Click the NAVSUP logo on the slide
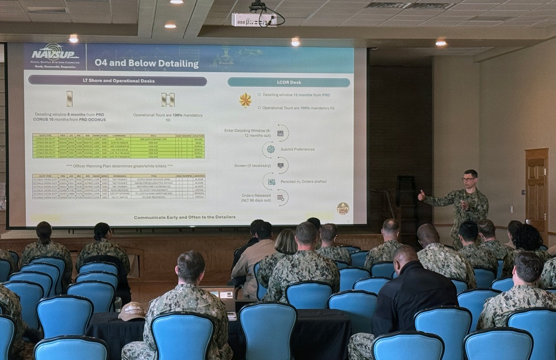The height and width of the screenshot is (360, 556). click(x=54, y=56)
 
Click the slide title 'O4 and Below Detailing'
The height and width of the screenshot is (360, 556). click(x=146, y=63)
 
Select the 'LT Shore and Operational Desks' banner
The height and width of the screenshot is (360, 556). click(x=117, y=81)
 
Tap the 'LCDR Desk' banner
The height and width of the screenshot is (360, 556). click(x=289, y=82)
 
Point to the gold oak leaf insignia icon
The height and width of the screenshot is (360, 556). click(x=245, y=100)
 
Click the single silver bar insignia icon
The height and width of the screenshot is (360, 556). click(x=69, y=98)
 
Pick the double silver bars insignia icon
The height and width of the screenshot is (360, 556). click(x=167, y=99)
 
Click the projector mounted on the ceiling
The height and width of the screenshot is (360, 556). click(x=254, y=19)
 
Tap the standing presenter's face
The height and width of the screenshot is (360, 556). click(x=470, y=181)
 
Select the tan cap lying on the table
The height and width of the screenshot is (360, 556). click(x=132, y=311)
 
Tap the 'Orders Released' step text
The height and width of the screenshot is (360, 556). click(x=256, y=197)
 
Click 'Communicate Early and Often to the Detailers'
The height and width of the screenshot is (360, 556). click(x=185, y=217)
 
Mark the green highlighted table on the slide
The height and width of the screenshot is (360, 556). click(x=118, y=146)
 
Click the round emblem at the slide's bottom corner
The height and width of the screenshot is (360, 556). click(x=343, y=208)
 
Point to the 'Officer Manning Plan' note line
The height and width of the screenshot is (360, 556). click(x=120, y=166)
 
